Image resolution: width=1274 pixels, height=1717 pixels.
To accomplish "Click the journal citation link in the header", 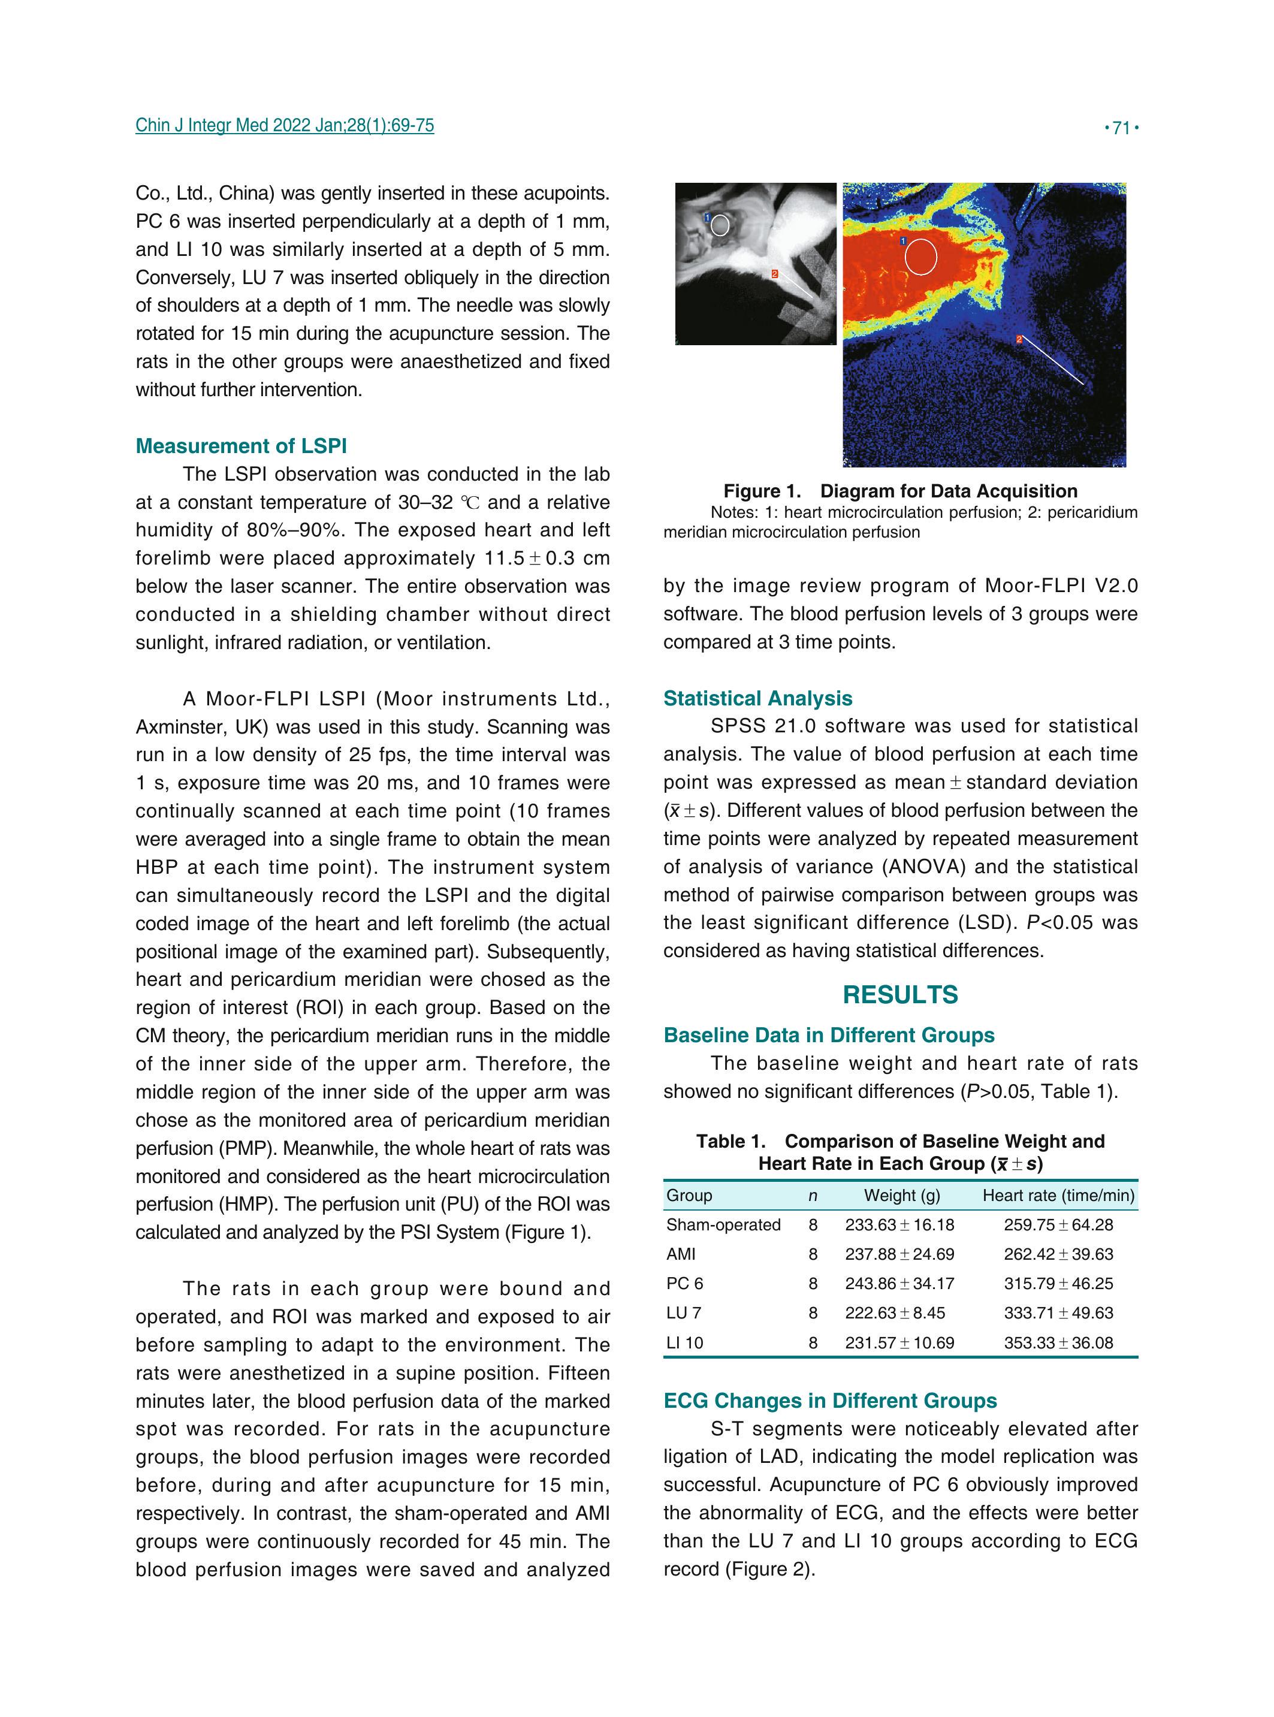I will point(285,125).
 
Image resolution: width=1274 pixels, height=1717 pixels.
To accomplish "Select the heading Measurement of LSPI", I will point(241,446).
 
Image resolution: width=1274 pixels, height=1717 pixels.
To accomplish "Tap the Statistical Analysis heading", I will point(757,698).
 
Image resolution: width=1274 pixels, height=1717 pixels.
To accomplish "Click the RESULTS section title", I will point(900,994).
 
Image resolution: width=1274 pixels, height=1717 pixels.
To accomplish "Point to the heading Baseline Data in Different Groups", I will point(829,1035).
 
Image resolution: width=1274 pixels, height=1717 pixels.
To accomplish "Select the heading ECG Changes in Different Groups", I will point(830,1401).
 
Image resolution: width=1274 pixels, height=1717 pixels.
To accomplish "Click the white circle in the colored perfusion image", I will point(921,257).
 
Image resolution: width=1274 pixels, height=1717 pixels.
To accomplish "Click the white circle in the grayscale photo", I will point(720,225).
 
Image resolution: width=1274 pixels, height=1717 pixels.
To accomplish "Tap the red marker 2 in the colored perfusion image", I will point(1019,339).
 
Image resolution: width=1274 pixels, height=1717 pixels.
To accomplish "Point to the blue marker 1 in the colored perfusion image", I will point(903,242).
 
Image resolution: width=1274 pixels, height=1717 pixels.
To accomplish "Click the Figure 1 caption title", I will point(900,491).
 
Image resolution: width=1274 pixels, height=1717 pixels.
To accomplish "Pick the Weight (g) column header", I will point(901,1196).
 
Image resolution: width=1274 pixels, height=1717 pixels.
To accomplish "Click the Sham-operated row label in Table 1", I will point(723,1225).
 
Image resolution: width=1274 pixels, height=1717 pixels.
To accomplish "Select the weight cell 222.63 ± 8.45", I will point(895,1313).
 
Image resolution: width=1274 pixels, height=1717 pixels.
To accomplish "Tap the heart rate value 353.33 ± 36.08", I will point(1058,1343).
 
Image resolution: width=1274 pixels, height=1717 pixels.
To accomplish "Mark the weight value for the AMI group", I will point(899,1254).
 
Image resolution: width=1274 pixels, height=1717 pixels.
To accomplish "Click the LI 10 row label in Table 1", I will point(685,1343).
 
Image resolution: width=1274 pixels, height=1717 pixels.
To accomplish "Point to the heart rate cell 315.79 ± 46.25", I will point(1058,1284).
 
